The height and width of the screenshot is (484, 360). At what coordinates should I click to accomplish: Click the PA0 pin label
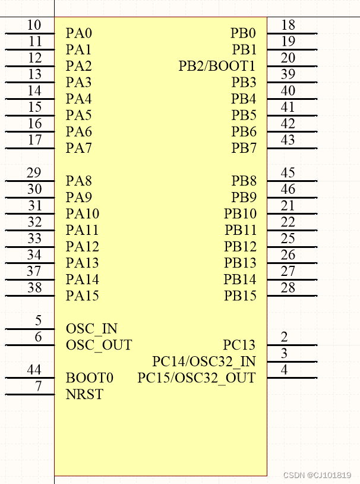coord(79,33)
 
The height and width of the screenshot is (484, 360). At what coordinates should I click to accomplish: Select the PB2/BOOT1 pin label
coord(217,66)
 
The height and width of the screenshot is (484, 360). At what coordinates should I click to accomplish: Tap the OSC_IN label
coord(91,329)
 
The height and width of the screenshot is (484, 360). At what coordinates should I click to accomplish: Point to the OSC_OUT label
coord(99,345)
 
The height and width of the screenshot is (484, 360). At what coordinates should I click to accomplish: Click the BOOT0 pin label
coord(90,378)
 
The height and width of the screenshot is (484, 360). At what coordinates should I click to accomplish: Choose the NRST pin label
coord(84,394)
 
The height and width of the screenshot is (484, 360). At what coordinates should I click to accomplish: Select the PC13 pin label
coord(239,345)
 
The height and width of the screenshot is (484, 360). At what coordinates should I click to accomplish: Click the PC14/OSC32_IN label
coord(204,362)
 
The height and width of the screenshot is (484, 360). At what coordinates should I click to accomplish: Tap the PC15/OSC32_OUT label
coord(196,378)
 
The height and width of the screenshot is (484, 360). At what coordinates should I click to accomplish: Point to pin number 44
coord(34,370)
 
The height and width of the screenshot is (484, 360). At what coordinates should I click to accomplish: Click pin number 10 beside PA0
coord(34,26)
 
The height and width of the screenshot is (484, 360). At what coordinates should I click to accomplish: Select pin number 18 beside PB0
coord(288,26)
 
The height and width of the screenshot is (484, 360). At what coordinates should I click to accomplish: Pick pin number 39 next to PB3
coord(288,74)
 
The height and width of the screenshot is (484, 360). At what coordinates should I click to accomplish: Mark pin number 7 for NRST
coord(38,386)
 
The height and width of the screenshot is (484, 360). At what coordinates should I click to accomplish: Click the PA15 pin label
coord(83,296)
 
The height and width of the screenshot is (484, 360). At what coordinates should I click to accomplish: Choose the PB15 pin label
coord(240,296)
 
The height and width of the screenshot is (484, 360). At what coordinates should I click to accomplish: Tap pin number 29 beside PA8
coord(34,173)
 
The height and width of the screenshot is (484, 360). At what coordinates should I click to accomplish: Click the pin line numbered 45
coord(292,181)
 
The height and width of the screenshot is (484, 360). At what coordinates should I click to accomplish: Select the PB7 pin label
coord(244,148)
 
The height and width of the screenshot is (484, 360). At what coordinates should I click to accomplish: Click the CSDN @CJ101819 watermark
coord(317,475)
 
